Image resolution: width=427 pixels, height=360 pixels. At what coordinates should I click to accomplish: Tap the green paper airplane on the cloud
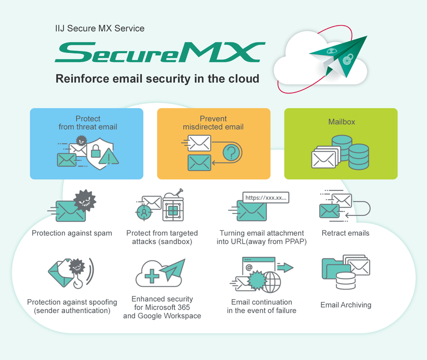click(340, 54)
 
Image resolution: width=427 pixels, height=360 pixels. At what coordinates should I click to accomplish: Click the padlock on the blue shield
click(96, 151)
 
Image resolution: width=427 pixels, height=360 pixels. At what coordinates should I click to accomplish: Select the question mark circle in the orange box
click(231, 152)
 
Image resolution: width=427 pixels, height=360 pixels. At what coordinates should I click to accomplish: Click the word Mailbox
click(341, 122)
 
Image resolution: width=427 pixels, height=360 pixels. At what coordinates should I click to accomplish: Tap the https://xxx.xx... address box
click(265, 198)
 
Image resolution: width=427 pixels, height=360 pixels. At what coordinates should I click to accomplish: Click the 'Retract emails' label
click(345, 233)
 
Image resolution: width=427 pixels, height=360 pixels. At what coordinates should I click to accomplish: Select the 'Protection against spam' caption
click(72, 233)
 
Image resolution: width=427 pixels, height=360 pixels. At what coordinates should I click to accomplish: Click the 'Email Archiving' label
click(346, 305)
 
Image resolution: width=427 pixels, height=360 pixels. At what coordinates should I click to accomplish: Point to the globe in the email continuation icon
click(272, 282)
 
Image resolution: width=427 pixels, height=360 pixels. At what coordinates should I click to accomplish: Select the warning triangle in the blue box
click(109, 157)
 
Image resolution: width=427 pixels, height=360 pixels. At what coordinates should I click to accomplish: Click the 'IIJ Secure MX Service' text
click(99, 29)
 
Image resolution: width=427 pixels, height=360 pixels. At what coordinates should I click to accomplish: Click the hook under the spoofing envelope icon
click(79, 283)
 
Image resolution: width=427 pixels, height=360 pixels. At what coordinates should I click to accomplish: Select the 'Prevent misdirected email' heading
click(213, 123)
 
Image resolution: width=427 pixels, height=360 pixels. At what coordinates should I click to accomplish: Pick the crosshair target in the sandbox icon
click(144, 213)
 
